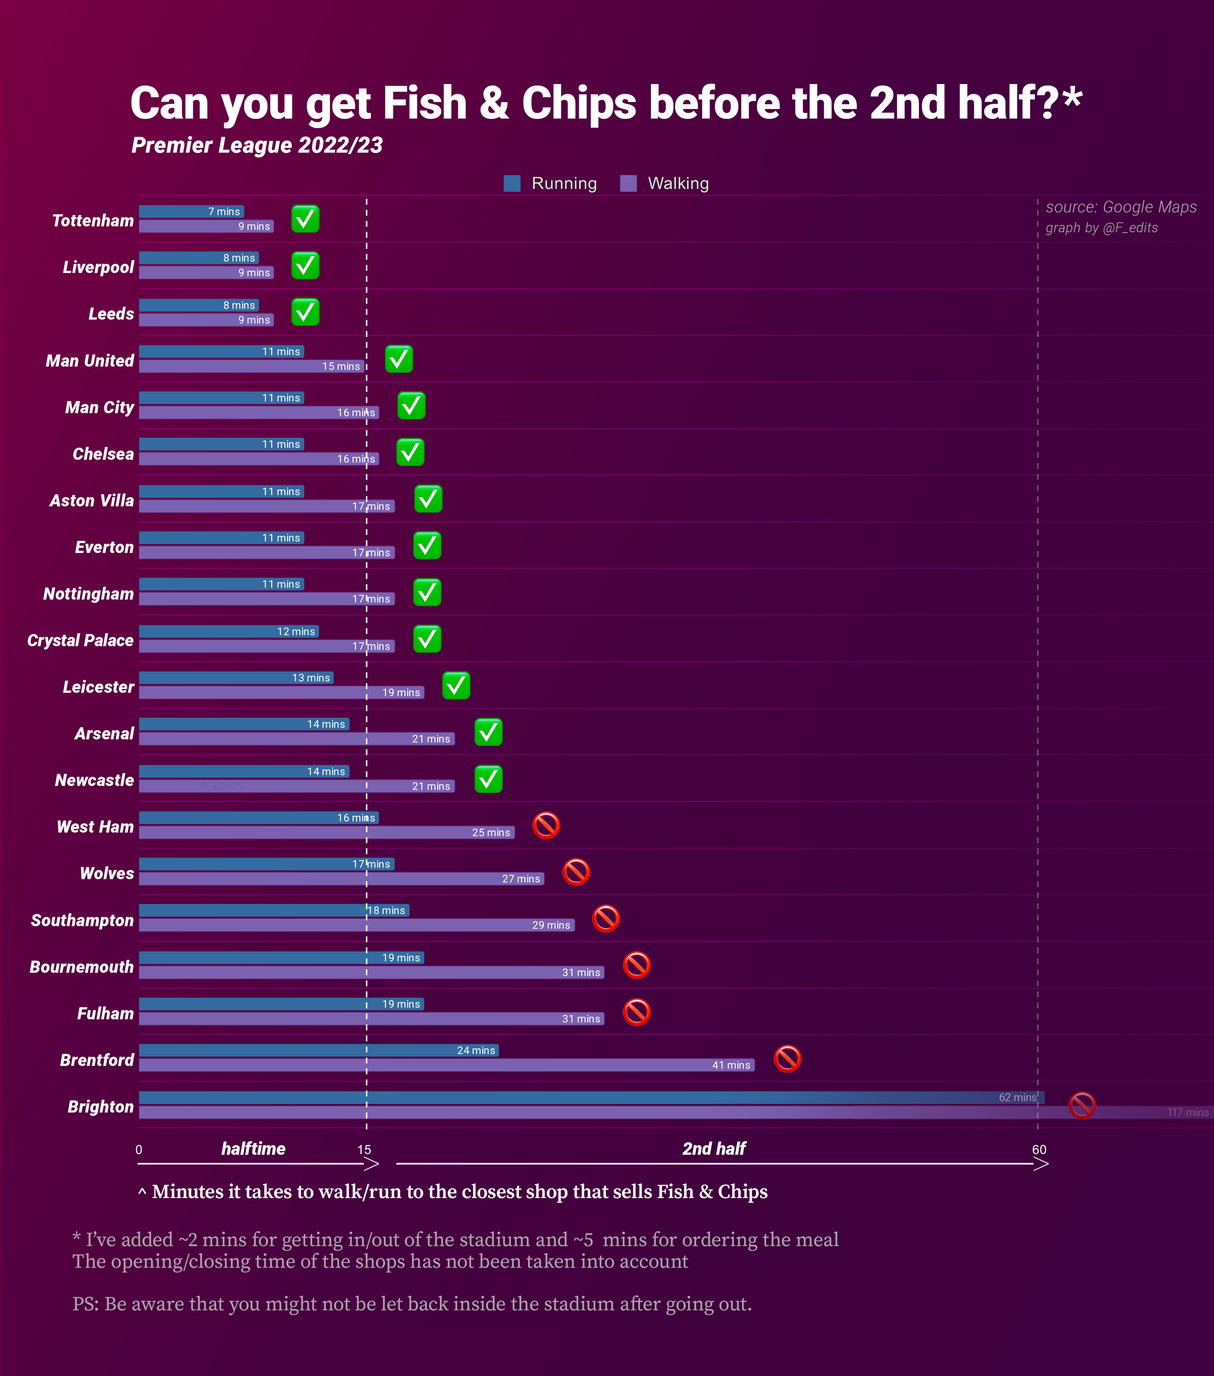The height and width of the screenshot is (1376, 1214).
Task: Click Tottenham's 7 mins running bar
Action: [x=191, y=211]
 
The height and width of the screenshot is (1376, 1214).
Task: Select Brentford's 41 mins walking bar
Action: [x=446, y=1065]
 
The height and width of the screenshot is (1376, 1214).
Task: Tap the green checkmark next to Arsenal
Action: [x=488, y=732]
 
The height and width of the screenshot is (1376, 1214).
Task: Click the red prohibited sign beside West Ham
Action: [x=546, y=825]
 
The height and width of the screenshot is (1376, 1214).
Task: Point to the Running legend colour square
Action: [x=512, y=183]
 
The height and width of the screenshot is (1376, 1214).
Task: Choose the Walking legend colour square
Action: [x=628, y=183]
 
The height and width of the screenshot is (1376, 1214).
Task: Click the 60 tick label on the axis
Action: [x=1039, y=1149]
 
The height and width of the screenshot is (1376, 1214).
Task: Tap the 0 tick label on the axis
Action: [x=139, y=1149]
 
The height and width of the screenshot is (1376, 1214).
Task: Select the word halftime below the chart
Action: [x=253, y=1149]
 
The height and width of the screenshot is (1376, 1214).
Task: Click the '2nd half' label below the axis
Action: [x=714, y=1149]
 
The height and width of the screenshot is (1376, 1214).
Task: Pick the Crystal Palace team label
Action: [x=80, y=640]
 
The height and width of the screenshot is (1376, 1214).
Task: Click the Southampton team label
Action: [x=82, y=920]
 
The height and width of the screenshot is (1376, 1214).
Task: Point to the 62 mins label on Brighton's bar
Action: [x=1017, y=1097]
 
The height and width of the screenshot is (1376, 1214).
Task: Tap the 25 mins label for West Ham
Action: [x=491, y=833]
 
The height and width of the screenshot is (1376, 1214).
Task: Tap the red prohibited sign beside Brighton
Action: [x=1082, y=1105]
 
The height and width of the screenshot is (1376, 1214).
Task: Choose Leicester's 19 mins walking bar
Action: [x=281, y=692]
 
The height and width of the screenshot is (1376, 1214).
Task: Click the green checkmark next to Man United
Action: [x=399, y=359]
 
